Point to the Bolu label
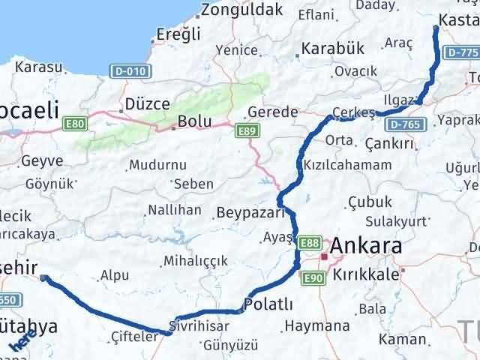193,121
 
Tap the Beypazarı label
252,212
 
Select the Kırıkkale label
367,274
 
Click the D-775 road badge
460,53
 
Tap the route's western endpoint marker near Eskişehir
44,277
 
